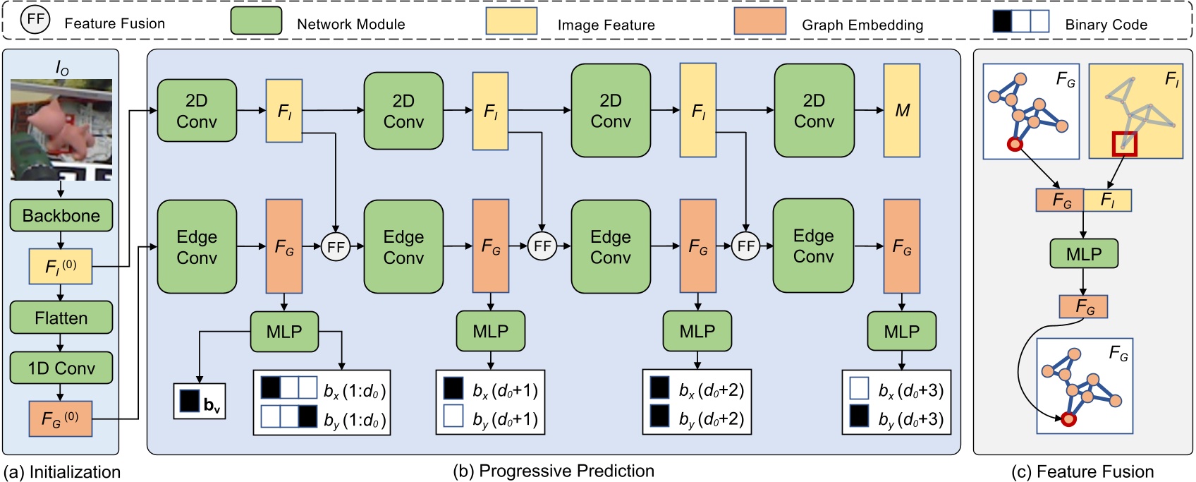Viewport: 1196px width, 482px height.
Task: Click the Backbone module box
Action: tap(61, 215)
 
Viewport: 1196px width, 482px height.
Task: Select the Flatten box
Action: tap(61, 318)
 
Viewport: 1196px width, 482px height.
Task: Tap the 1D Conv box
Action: tap(61, 368)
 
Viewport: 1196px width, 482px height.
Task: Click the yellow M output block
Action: tap(902, 110)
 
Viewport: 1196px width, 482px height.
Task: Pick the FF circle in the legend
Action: tap(35, 20)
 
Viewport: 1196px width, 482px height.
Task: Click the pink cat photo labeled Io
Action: tap(61, 129)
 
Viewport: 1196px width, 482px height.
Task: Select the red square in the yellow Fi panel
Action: tap(1124, 143)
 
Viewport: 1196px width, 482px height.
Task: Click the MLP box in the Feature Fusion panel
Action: tap(1083, 253)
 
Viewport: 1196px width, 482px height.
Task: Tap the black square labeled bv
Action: tap(190, 401)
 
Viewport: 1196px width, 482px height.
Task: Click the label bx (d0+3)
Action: tap(910, 390)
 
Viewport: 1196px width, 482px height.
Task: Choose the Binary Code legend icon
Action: tap(1020, 21)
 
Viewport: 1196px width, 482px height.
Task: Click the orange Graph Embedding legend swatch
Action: tap(759, 21)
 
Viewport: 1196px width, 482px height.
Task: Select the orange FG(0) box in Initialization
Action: tap(61, 418)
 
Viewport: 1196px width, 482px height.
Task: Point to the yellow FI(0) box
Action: tap(61, 267)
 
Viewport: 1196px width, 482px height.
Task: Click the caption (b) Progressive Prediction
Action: tap(553, 471)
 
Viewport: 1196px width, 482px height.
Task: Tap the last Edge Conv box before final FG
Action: tap(813, 246)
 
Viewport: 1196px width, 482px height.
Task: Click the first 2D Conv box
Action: tap(197, 111)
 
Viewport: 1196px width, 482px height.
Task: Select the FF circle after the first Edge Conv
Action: tap(336, 246)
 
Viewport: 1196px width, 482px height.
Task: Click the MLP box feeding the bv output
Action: tap(284, 331)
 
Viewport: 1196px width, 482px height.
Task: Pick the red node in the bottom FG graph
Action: tap(1068, 419)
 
